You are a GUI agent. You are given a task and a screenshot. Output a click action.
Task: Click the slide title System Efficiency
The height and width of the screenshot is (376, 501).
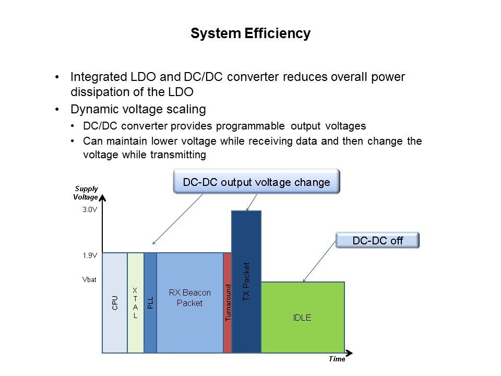(x=250, y=33)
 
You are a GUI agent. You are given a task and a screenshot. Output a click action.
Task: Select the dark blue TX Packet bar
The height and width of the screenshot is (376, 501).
(x=246, y=281)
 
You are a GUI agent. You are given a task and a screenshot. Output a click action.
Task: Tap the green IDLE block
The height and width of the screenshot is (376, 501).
(x=303, y=317)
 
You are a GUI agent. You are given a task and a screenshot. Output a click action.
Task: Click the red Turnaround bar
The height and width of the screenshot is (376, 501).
(x=228, y=303)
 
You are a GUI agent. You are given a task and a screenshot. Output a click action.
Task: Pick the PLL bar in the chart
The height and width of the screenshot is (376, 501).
(x=150, y=303)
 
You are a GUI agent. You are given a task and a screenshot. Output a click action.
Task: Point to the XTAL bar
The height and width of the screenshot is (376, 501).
(x=136, y=303)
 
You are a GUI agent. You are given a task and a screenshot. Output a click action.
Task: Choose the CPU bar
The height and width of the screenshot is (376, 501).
(x=115, y=303)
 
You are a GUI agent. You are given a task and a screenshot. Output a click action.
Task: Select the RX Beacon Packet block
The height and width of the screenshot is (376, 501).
(x=190, y=303)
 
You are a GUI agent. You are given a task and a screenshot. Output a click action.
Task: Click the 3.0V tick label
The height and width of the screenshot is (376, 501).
(x=90, y=210)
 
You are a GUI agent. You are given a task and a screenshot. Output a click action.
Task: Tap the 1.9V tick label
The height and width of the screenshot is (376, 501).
(x=90, y=255)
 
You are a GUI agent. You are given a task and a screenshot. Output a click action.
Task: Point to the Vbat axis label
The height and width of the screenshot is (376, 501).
(x=89, y=279)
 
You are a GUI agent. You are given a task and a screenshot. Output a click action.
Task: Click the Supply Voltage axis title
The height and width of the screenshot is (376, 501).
(x=86, y=193)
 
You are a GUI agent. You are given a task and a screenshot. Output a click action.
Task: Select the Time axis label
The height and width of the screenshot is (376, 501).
(x=337, y=359)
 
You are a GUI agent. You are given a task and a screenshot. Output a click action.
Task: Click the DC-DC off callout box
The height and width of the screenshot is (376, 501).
(x=377, y=240)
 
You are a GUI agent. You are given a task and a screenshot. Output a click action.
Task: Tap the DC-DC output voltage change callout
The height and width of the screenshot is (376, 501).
(x=256, y=182)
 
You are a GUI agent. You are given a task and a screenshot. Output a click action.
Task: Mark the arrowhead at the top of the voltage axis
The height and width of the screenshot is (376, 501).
(x=102, y=198)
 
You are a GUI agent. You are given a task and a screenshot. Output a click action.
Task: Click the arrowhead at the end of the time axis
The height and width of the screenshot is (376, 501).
(x=349, y=353)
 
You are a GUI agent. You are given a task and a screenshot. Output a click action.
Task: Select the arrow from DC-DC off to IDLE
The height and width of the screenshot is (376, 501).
(x=319, y=262)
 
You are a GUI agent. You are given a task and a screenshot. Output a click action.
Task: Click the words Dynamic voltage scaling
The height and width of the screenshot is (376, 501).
(x=138, y=109)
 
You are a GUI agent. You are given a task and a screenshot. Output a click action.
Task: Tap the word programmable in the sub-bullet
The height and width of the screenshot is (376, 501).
(x=250, y=126)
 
